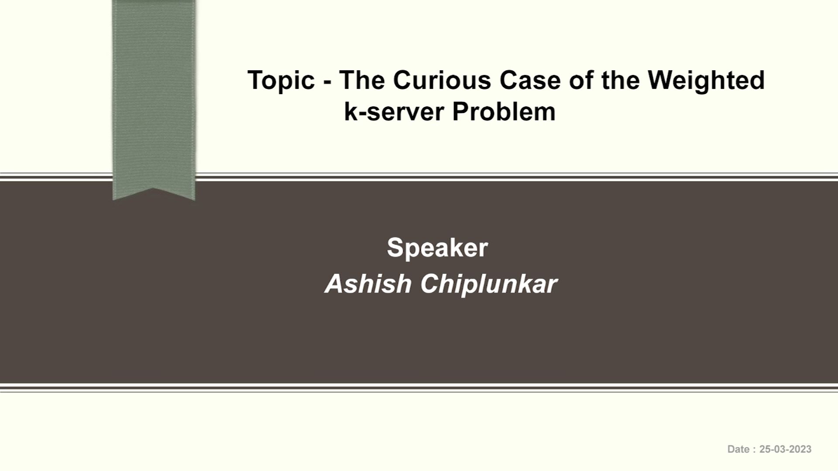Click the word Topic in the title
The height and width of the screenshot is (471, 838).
tap(281, 81)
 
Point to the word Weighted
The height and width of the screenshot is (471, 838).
tap(706, 81)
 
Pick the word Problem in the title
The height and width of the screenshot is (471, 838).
tap(504, 112)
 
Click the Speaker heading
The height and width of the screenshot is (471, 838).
tap(437, 248)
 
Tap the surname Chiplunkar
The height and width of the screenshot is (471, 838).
tap(488, 284)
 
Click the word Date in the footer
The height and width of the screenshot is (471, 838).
tap(738, 449)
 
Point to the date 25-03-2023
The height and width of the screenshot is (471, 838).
tap(785, 449)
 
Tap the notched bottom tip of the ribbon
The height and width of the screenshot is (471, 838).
tap(154, 192)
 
